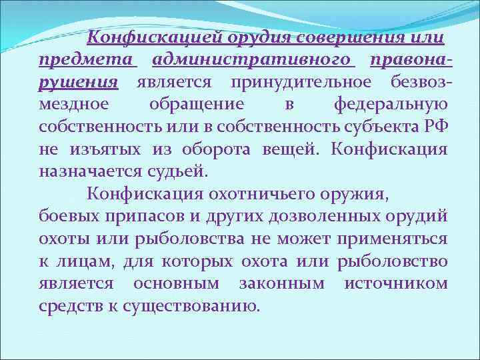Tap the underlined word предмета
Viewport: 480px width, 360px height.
tap(87, 61)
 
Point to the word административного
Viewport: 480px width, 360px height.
tap(253, 61)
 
